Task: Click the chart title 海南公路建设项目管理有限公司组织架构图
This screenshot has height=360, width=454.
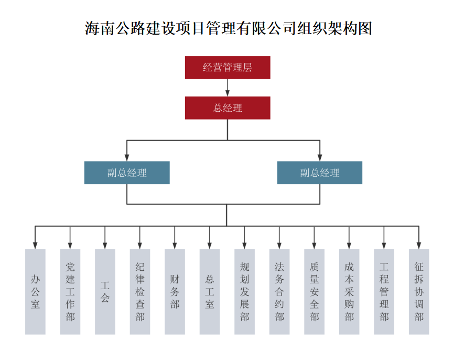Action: tap(228, 28)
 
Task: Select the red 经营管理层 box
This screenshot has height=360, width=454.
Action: tap(228, 68)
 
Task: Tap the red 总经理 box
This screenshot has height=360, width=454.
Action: tap(228, 108)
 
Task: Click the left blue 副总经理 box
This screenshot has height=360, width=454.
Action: tap(127, 173)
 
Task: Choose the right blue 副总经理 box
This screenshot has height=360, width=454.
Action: tap(320, 173)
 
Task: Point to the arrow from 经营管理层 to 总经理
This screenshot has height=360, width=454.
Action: tap(228, 88)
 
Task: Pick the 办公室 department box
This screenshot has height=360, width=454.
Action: tap(35, 292)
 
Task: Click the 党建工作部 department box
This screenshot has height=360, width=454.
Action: tap(70, 292)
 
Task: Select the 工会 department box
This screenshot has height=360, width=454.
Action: tap(105, 292)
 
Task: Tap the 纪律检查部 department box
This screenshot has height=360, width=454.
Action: tap(140, 292)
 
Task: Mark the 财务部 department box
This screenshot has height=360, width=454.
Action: tap(175, 292)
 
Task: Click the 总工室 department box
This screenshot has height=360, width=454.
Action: tap(210, 292)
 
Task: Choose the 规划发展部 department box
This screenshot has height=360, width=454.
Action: tap(244, 292)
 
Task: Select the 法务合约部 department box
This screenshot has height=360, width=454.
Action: tap(279, 292)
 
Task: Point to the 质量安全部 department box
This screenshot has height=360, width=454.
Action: tap(314, 292)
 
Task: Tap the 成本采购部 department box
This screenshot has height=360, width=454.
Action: tap(349, 292)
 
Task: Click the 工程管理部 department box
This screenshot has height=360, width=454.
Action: tap(384, 292)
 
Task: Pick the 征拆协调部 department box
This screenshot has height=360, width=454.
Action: tap(419, 292)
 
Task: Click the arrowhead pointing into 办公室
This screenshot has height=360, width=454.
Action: tap(35, 245)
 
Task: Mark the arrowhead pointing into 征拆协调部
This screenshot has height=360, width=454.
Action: tap(419, 245)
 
